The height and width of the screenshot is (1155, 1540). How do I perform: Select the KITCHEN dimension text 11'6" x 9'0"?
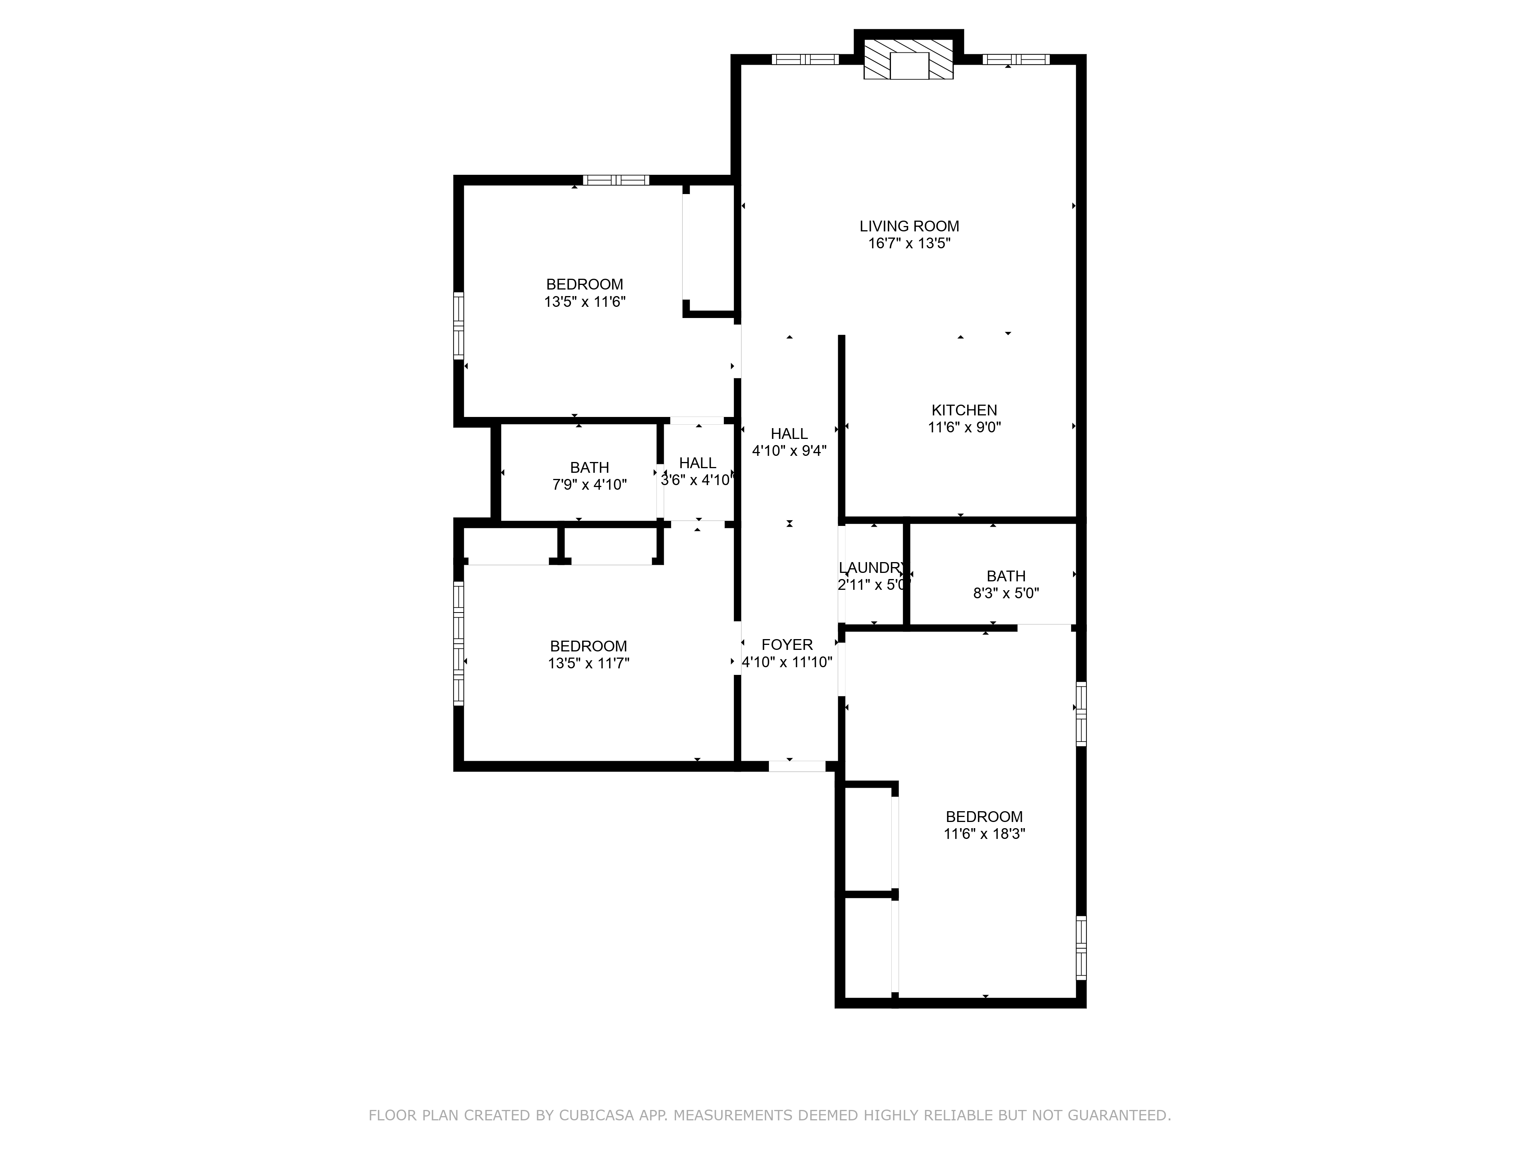pos(964,427)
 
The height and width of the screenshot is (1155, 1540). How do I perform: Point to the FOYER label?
pos(787,645)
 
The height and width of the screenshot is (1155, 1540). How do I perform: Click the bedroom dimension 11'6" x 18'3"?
pos(984,834)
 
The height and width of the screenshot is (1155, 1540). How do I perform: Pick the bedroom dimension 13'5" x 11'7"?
pos(588,663)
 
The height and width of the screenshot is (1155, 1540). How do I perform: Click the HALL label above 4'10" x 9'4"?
pos(789,434)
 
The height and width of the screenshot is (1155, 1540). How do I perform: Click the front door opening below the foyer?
pos(797,766)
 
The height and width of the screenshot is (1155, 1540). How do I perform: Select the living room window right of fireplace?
pos(1015,59)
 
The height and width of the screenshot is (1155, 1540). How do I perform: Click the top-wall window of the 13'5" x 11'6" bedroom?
pos(616,180)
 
